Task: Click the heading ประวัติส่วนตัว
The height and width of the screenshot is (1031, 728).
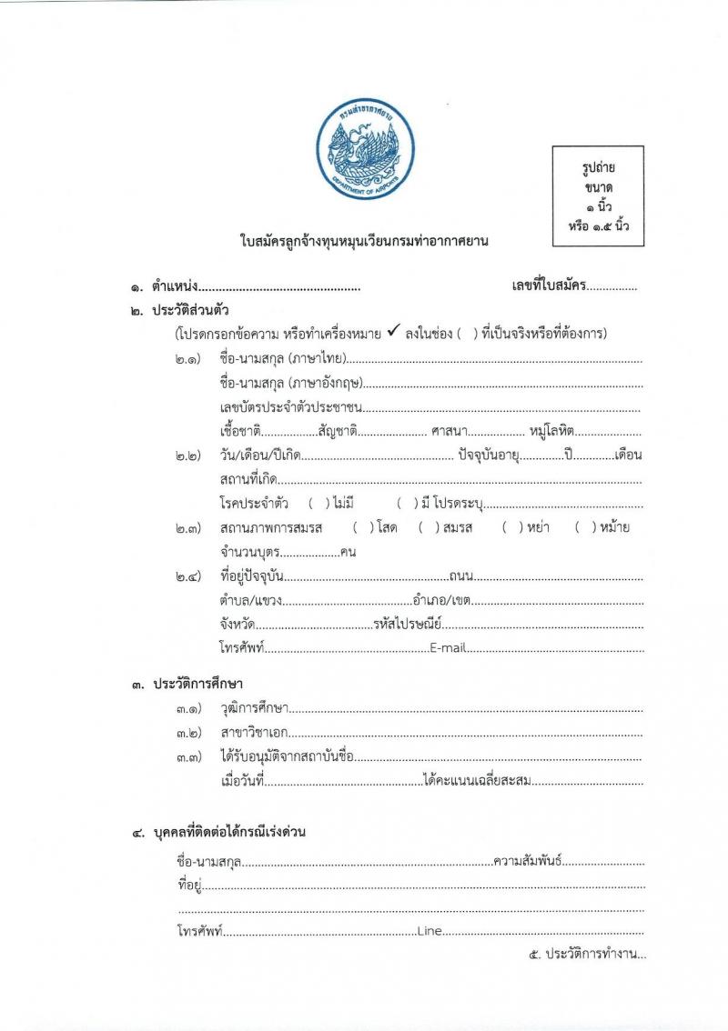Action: [x=192, y=310]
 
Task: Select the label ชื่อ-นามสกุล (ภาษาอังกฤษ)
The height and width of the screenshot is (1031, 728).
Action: [x=296, y=384]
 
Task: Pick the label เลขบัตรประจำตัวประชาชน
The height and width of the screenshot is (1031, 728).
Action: [x=292, y=406]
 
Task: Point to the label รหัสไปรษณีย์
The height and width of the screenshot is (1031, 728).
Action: [x=407, y=624]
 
